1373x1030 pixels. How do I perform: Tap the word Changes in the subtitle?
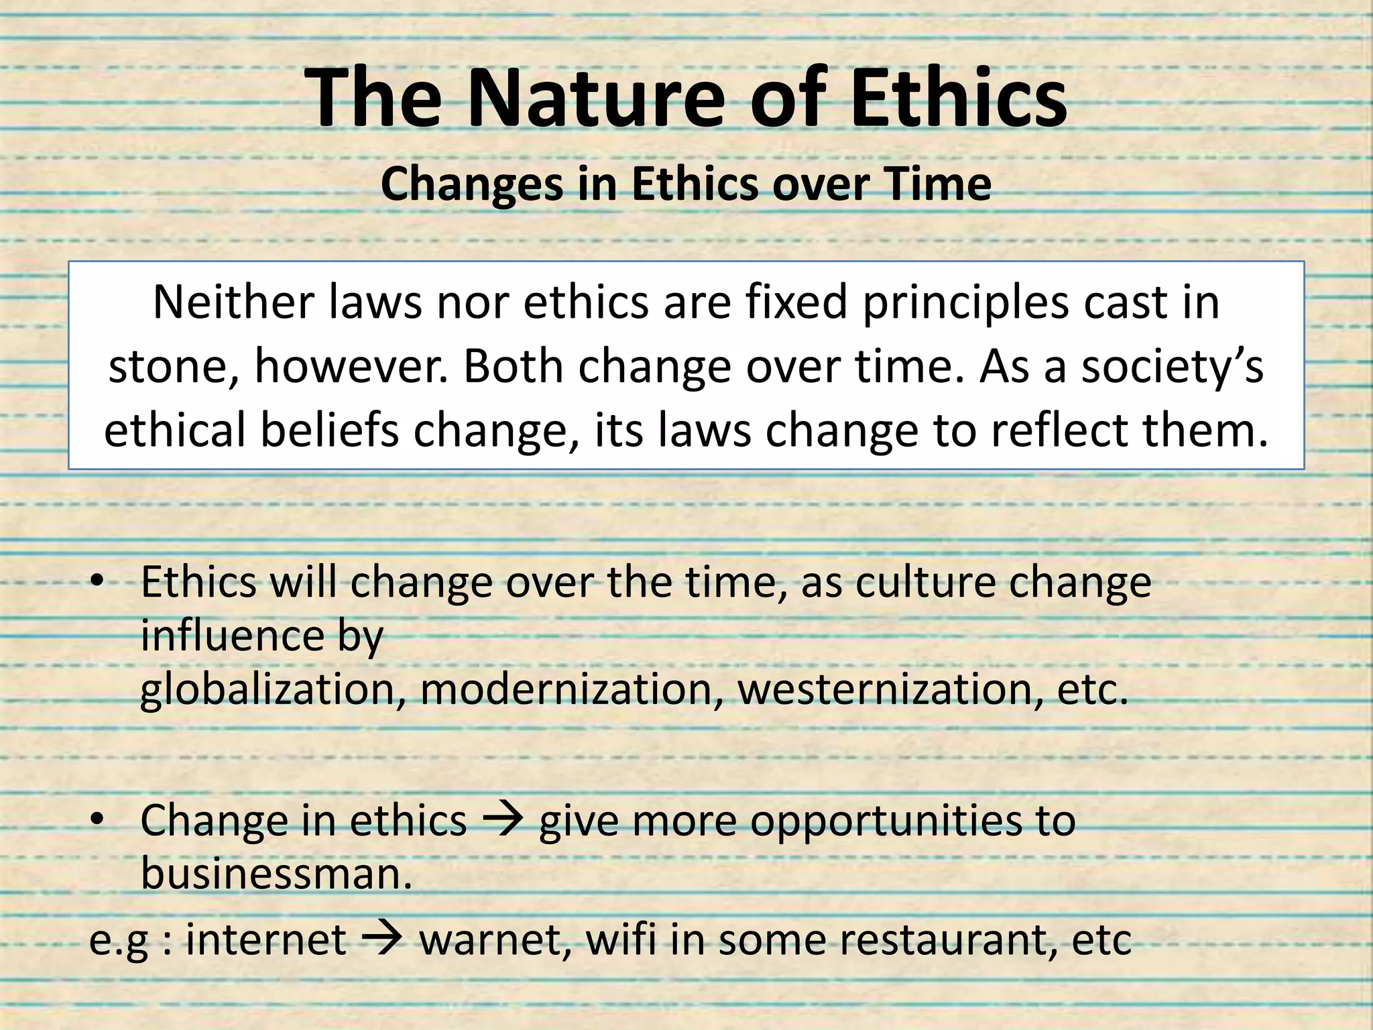471,184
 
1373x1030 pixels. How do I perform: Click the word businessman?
275,874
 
